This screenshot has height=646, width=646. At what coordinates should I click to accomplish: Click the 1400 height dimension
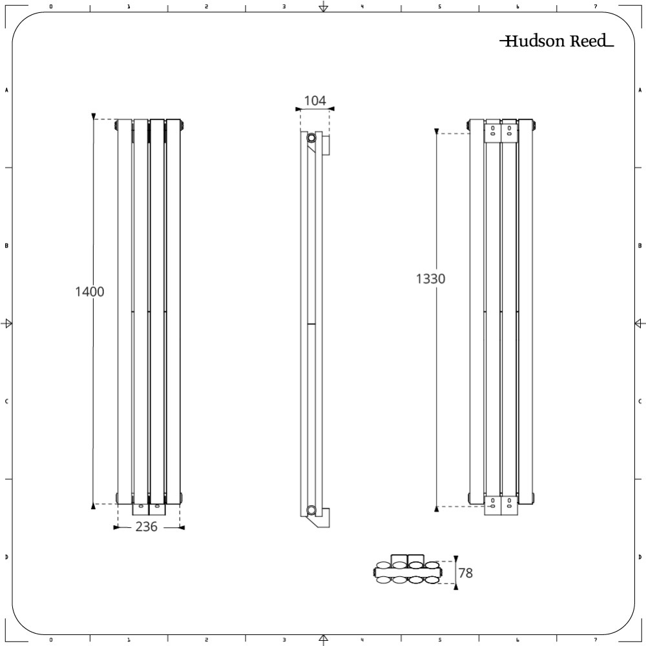[90, 291]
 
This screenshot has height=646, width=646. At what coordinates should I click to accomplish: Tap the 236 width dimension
[147, 527]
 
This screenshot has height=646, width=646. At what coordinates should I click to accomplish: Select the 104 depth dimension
[315, 100]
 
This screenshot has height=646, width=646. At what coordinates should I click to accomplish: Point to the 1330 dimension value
[431, 278]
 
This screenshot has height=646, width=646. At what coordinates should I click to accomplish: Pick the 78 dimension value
[465, 572]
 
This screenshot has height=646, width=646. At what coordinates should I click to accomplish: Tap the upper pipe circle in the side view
[312, 138]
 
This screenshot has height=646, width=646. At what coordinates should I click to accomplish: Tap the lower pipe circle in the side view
[312, 509]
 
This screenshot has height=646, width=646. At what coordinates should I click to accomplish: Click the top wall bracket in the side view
[326, 145]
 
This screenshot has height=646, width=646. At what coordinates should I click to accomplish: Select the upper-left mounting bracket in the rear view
[493, 131]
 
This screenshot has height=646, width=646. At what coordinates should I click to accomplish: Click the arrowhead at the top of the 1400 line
[94, 116]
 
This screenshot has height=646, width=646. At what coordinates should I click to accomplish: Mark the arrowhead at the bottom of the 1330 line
[437, 509]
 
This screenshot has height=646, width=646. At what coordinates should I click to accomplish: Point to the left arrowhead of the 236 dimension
[116, 528]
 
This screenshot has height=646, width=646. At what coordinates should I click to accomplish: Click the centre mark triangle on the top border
[323, 8]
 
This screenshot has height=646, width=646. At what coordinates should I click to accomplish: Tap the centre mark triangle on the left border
[8, 323]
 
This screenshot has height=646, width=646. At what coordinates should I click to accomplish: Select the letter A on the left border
[6, 90]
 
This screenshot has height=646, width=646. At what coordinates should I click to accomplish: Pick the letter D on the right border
[640, 557]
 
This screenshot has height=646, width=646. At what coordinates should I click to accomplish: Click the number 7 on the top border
[595, 6]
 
